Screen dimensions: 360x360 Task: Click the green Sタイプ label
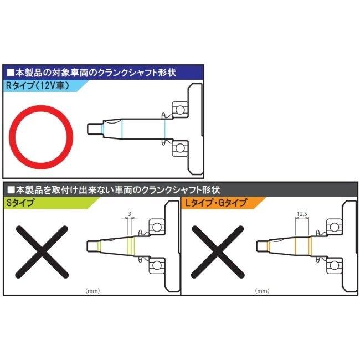pyautogui.click(x=19, y=203)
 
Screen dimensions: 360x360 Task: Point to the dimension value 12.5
pyautogui.click(x=301, y=213)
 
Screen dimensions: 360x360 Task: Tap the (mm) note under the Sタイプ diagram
pyautogui.click(x=91, y=290)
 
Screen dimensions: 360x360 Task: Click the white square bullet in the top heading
pyautogui.click(x=11, y=73)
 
